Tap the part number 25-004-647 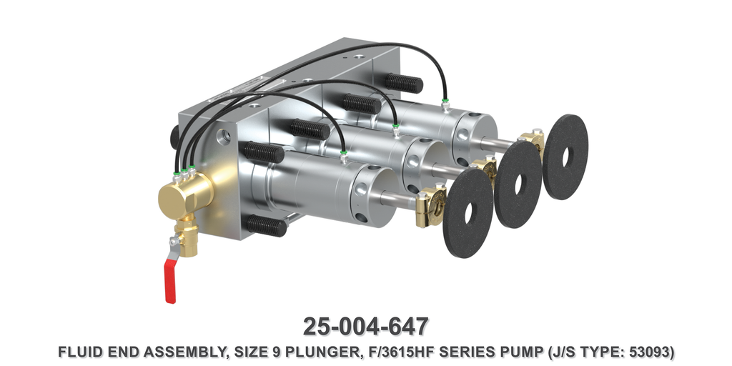365,326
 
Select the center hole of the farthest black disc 565,157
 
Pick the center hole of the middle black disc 517,184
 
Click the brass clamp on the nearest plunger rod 431,208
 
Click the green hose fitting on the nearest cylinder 344,155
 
